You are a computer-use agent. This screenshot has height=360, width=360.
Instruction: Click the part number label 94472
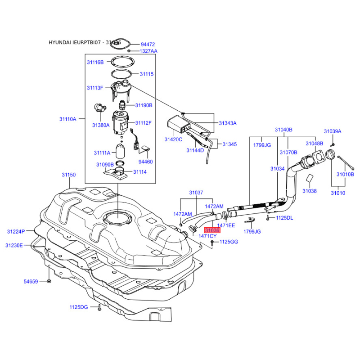click(148, 45)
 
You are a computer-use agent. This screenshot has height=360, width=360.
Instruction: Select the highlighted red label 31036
click(212, 230)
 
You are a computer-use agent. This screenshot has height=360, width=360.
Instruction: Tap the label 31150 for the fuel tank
click(69, 175)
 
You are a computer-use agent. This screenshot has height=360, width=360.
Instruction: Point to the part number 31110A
click(67, 119)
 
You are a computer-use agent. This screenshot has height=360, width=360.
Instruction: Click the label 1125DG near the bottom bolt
click(78, 307)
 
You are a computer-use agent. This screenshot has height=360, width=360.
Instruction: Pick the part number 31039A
click(333, 131)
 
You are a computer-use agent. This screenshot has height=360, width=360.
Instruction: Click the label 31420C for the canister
click(173, 139)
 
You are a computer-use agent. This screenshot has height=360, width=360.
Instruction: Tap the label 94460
click(145, 161)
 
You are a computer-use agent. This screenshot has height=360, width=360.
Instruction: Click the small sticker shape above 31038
click(310, 179)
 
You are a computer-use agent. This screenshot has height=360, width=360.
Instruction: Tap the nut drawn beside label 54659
click(49, 282)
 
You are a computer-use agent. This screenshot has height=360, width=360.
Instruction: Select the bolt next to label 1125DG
click(98, 308)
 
